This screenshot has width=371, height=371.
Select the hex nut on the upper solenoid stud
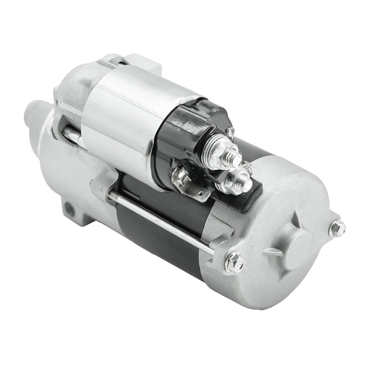pyautogui.click(x=222, y=152)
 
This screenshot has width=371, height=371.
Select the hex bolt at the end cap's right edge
pyautogui.click(x=337, y=228)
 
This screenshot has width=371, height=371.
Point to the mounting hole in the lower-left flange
pyautogui.click(x=69, y=210)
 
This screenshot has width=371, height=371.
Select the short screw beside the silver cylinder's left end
pyautogui.click(x=72, y=134)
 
